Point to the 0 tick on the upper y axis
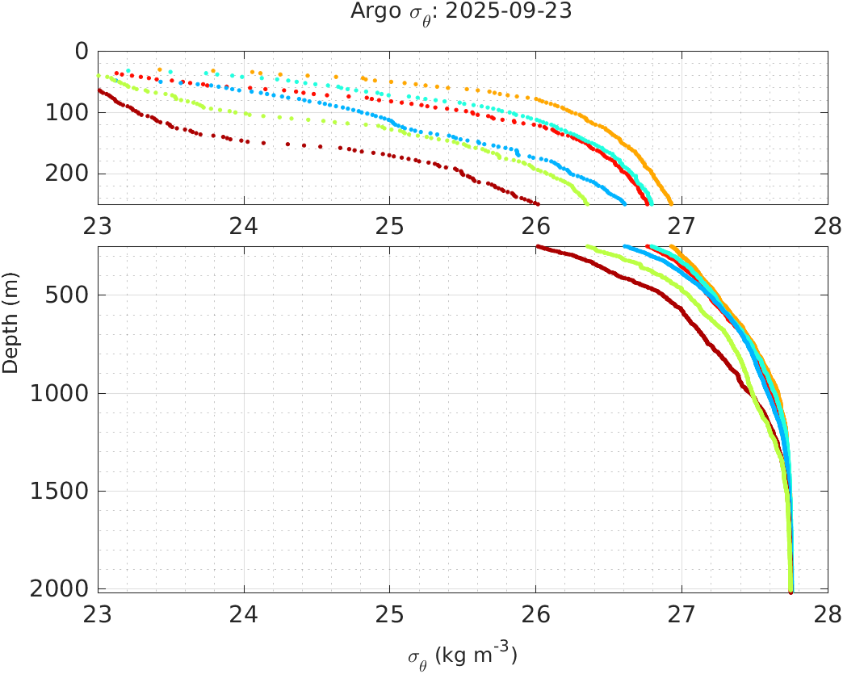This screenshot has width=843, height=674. coord(81,51)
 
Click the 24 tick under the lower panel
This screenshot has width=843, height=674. coord(244,612)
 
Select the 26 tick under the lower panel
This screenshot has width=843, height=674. coord(536,612)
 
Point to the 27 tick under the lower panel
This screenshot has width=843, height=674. coord(682,612)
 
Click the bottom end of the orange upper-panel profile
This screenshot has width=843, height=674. coord(670,203)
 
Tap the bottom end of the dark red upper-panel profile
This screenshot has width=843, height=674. coord(537,203)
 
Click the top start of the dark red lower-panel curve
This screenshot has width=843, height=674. coord(538,247)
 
